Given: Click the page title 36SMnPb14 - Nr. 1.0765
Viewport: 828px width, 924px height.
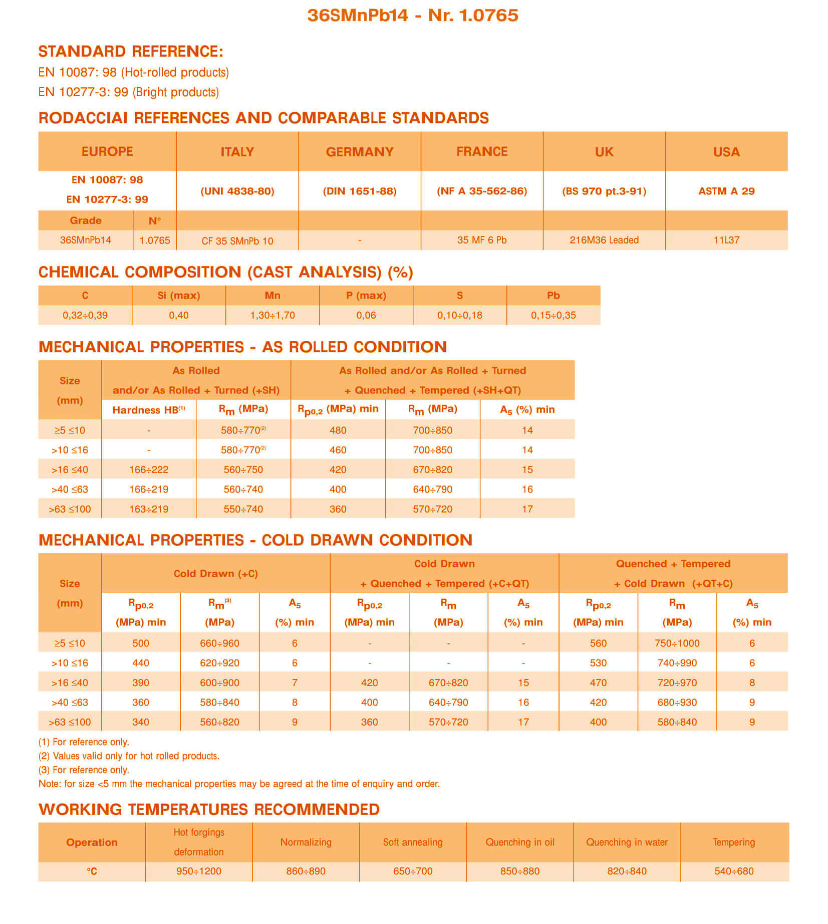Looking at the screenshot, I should [x=413, y=16].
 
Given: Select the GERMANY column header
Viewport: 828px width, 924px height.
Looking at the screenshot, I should [x=360, y=152].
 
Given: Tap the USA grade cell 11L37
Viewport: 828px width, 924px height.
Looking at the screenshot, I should [x=726, y=240].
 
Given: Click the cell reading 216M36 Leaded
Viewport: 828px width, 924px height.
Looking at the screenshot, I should [x=604, y=240].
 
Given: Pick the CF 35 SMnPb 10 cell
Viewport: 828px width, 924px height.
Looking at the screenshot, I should [x=237, y=241].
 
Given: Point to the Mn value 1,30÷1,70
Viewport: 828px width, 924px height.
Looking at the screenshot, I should [x=272, y=315].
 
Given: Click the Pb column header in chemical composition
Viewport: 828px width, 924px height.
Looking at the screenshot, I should [x=553, y=296].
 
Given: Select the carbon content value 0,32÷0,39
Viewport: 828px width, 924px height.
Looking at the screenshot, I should [x=85, y=315].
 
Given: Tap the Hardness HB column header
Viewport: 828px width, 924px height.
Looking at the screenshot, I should [x=149, y=410].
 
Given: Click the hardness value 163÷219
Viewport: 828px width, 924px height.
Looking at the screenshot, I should [x=149, y=509].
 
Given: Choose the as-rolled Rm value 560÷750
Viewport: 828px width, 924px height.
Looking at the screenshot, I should [x=243, y=470].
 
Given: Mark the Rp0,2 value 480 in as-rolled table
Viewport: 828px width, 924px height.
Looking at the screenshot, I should [x=338, y=430].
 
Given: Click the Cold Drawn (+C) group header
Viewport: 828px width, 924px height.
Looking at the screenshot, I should [x=216, y=574].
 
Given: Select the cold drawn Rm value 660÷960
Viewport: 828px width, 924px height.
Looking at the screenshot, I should [x=219, y=643].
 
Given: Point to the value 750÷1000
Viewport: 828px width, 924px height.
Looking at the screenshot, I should [x=677, y=643].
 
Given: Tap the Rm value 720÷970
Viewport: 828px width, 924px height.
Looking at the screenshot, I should [x=677, y=682].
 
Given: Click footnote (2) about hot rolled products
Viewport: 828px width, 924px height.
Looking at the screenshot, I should [x=129, y=756].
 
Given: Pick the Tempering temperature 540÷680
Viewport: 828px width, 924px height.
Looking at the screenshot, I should [x=734, y=871].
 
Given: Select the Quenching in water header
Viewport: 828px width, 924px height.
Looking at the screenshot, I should [x=627, y=842].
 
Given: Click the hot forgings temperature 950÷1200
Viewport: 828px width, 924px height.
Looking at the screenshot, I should [x=199, y=871].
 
